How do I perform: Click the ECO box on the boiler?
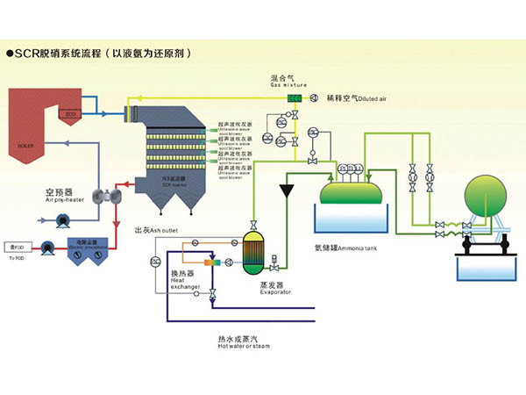point(69,114)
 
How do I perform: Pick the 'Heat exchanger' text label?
point(185,279)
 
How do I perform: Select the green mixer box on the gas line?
point(295,97)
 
